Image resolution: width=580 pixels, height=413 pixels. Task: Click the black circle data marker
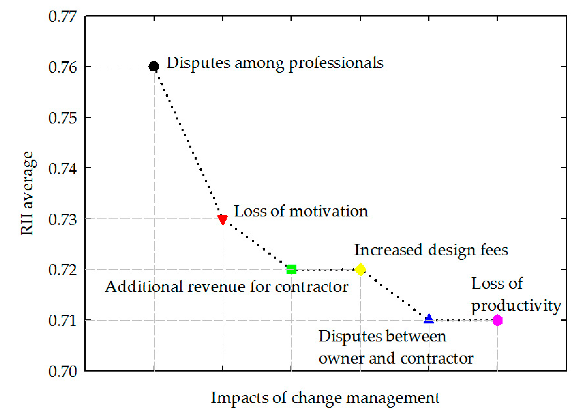(x=154, y=66)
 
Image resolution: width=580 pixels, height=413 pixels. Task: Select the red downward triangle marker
(x=223, y=219)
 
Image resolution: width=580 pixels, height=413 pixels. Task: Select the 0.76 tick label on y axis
(x=63, y=67)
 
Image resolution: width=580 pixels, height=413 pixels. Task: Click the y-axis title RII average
(x=27, y=193)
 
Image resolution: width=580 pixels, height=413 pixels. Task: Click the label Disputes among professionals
(x=275, y=63)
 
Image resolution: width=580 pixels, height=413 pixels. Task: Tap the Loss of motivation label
(x=301, y=211)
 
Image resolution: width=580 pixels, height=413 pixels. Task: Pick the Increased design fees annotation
(x=431, y=250)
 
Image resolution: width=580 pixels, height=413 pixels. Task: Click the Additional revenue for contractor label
(x=226, y=287)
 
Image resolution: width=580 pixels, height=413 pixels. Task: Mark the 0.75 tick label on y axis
(x=63, y=118)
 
